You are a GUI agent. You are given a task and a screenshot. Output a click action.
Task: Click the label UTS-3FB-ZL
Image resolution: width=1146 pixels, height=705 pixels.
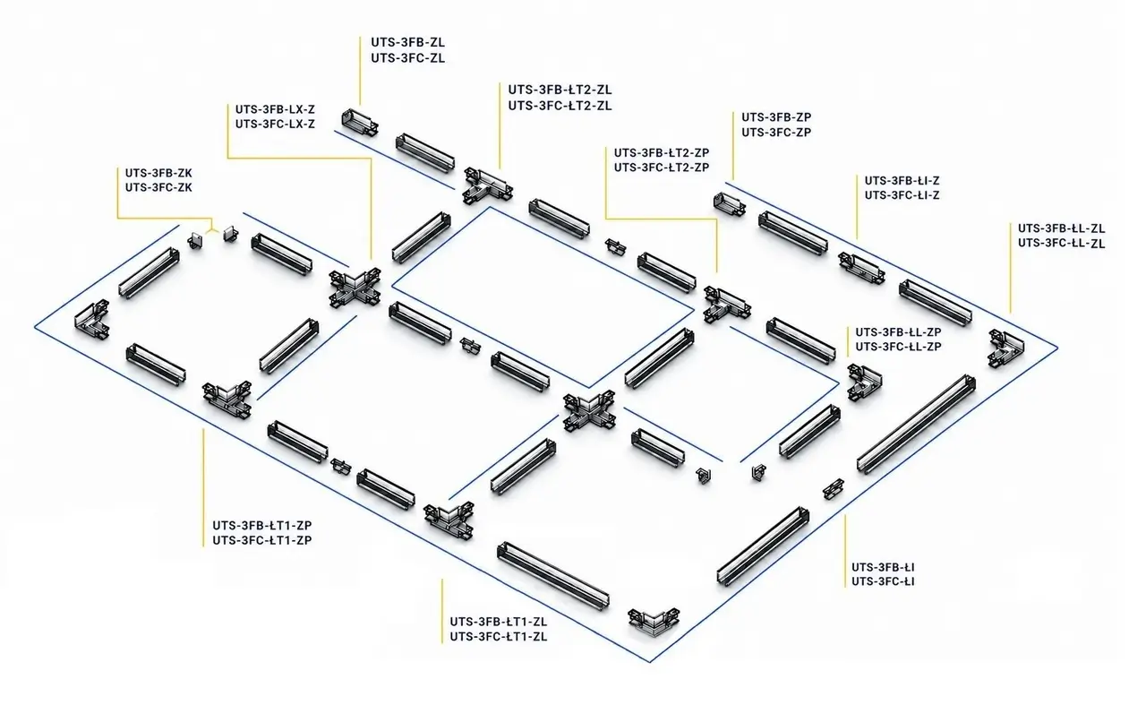point(407,42)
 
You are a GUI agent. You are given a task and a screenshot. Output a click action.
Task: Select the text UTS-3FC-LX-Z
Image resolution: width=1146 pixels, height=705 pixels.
point(275,124)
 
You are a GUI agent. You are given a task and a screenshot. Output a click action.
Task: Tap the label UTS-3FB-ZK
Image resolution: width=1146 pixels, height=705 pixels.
point(158,173)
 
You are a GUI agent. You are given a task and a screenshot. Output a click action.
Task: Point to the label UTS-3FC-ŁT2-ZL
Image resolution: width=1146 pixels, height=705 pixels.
point(560,106)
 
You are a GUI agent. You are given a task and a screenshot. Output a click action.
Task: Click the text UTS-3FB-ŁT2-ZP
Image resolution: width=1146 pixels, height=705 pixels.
point(662,152)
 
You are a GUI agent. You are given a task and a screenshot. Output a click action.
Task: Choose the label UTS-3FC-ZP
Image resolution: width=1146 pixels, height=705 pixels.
point(776,132)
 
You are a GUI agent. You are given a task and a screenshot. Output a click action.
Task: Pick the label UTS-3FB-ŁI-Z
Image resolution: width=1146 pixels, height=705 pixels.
point(902,181)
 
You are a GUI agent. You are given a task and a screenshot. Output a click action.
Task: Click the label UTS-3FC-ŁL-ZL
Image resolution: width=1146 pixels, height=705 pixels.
point(1061,243)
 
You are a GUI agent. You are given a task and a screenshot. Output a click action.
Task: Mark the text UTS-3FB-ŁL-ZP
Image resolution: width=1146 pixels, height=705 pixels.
point(898,332)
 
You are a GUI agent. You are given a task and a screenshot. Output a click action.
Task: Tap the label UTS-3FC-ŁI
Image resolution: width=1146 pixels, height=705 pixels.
point(883,581)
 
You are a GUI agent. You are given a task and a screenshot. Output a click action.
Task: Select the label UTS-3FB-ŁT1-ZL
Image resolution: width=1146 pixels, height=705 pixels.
point(499,622)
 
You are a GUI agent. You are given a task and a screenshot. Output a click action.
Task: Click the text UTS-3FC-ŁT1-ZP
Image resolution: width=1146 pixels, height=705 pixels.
point(262,540)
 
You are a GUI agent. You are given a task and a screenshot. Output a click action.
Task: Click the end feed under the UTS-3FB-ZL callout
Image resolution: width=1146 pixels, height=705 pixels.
point(360,123)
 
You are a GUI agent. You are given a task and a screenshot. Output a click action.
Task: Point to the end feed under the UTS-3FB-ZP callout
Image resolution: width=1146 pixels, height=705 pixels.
point(730,204)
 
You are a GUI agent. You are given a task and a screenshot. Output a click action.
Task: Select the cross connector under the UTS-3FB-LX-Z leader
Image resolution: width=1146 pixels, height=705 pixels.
point(355,287)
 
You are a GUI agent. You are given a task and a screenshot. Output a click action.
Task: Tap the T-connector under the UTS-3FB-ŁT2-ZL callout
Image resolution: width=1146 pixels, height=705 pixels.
point(488,185)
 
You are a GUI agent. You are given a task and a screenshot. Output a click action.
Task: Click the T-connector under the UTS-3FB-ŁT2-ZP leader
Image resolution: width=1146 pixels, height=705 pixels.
point(726,305)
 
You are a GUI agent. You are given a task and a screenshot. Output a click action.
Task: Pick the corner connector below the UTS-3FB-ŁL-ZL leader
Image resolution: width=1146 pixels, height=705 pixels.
point(1005,348)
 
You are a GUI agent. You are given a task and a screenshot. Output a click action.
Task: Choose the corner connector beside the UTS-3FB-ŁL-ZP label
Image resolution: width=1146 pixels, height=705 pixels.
point(864,382)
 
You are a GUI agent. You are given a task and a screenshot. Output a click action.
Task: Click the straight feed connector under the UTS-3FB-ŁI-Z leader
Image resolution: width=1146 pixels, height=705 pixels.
point(862,268)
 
